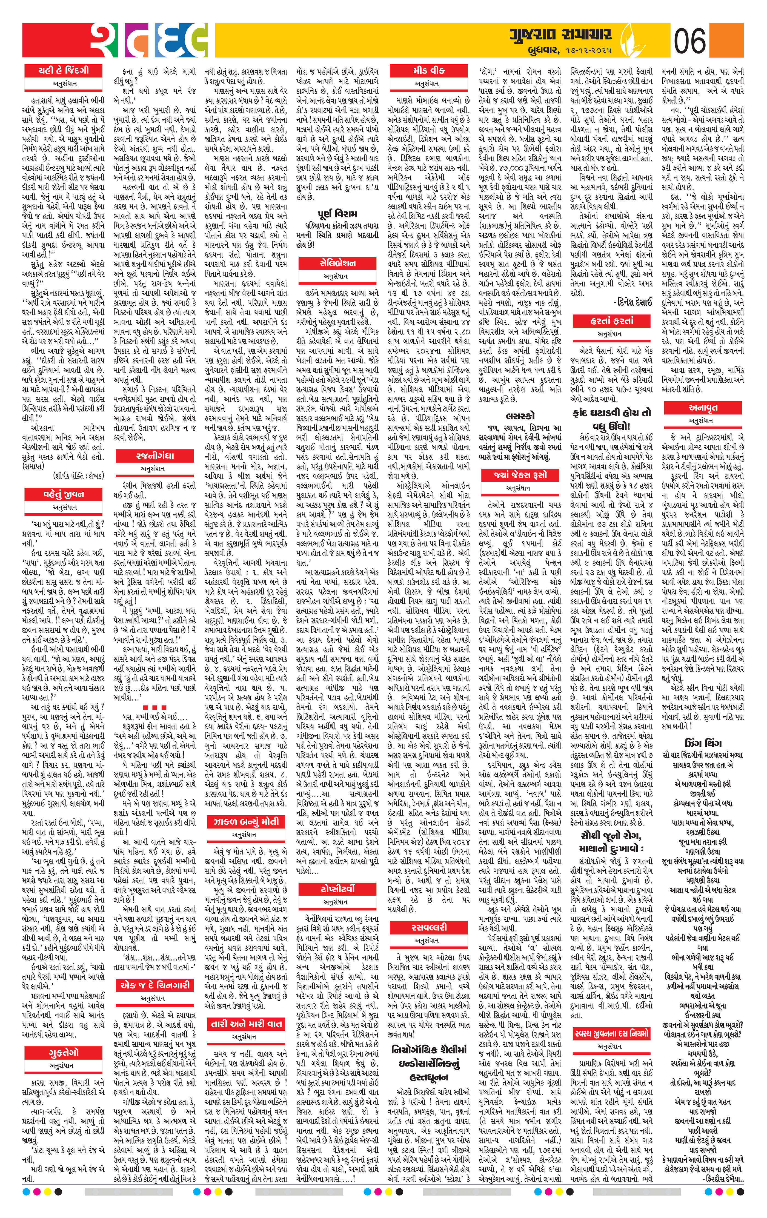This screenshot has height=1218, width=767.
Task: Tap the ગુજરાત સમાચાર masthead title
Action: pyautogui.click(x=560, y=35)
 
